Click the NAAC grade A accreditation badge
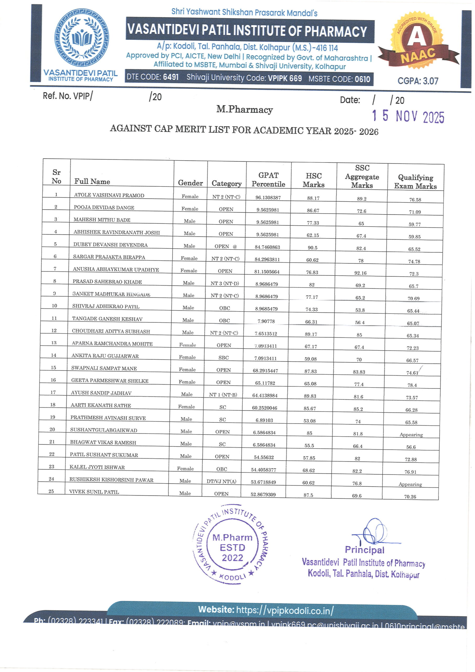click(418, 41)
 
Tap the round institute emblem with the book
click(82, 38)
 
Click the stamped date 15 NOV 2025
click(408, 117)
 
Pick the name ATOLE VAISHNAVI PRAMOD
click(109, 195)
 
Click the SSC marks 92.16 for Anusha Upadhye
click(360, 273)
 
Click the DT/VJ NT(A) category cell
click(221, 481)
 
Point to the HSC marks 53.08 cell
click(309, 421)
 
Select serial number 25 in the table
click(51, 491)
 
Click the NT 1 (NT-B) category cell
click(223, 395)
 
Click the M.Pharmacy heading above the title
click(245, 109)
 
